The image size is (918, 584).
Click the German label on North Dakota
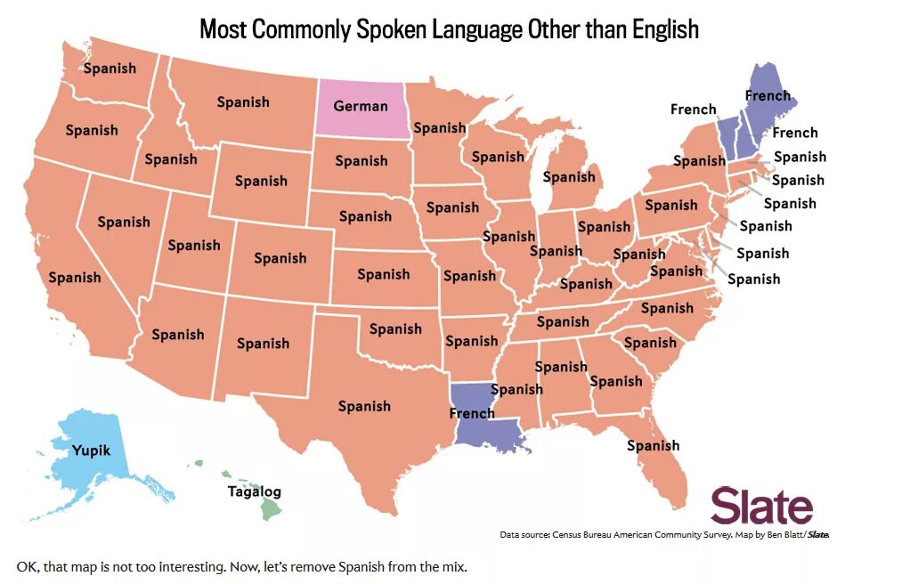[361, 106]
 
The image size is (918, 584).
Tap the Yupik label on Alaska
[92, 450]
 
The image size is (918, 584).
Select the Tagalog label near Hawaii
[254, 491]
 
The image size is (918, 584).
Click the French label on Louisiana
[472, 413]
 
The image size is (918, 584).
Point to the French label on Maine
[768, 95]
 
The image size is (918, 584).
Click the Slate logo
[761, 507]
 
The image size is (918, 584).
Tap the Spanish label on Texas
[364, 406]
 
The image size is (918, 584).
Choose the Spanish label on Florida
[653, 445]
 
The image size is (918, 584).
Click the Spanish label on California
[75, 277]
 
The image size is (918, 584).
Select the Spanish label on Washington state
[110, 68]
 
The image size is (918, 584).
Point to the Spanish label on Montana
[243, 101]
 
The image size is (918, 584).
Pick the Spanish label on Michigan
[569, 176]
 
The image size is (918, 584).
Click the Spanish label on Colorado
[280, 257]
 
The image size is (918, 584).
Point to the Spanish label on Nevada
[124, 222]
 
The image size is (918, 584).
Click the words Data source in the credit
[524, 535]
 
